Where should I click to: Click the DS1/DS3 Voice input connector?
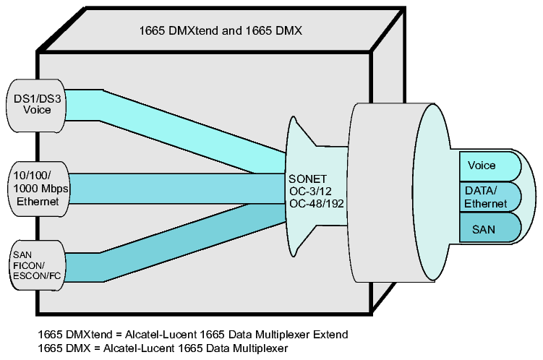36,106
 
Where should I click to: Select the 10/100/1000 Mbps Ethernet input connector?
38,189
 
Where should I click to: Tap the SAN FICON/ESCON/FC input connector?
37,266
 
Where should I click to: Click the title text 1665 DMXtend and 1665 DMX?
221,31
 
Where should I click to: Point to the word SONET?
307,179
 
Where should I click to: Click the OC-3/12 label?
310,191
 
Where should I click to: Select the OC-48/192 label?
317,204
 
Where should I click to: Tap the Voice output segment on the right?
490,166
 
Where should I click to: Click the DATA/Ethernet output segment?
490,197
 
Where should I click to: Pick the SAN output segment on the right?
490,228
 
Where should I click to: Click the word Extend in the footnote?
330,335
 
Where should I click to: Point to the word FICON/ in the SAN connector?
29,265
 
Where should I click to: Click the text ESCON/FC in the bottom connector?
37,276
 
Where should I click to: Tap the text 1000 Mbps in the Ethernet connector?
40,189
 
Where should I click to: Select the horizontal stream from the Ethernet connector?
177,189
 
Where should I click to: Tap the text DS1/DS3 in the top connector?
37,98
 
